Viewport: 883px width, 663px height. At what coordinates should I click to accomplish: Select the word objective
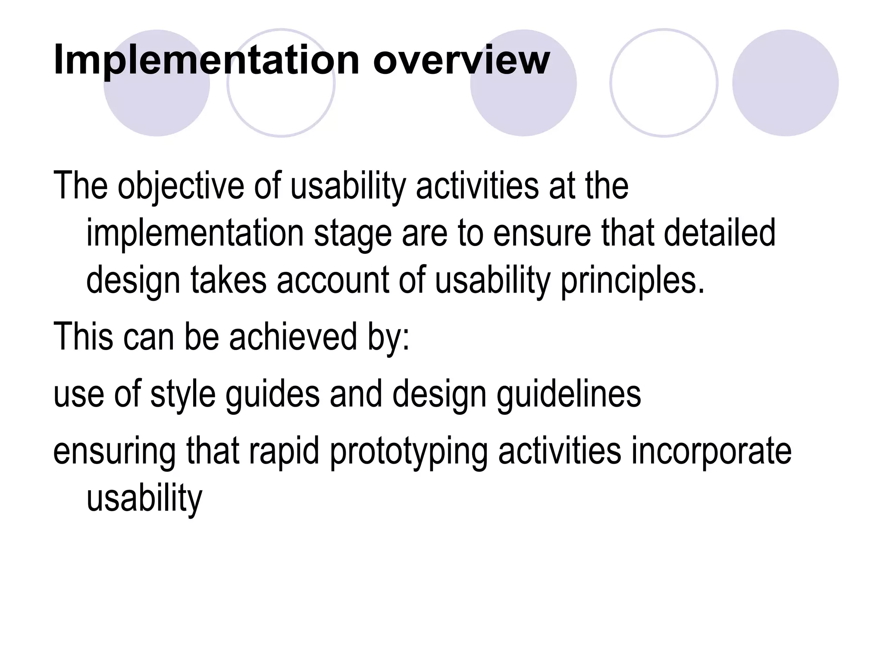coord(181,186)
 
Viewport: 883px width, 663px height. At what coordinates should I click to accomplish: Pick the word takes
coord(229,281)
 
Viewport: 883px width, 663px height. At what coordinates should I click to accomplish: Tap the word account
coord(333,281)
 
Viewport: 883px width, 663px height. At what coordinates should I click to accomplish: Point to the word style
coord(183,395)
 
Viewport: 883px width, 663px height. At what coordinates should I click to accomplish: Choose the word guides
coord(272,395)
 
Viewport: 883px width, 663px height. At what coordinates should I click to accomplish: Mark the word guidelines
coord(569,395)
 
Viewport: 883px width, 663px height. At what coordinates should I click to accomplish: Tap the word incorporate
coord(711,451)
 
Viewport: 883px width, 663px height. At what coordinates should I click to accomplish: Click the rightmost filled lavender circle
coord(785,83)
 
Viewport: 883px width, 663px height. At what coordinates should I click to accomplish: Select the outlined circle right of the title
coord(664,83)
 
